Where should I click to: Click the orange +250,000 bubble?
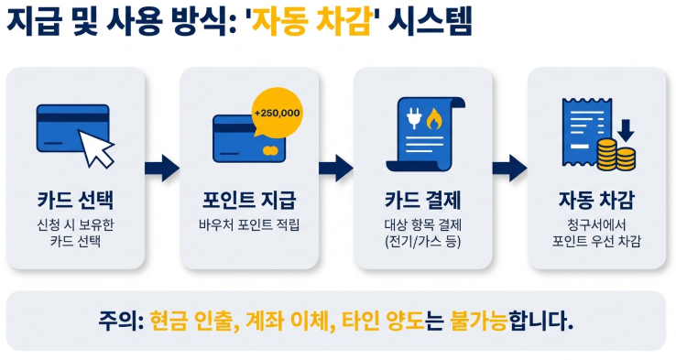pos(277,113)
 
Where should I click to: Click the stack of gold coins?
pos(616,154)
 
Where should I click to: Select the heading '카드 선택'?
pos(74,201)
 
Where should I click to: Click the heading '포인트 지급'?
pos(249,201)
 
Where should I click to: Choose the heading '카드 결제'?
pos(422,201)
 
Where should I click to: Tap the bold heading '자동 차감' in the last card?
pos(596,201)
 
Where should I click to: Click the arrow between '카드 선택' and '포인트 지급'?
pos(163,168)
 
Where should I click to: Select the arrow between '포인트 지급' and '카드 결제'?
pos(336,168)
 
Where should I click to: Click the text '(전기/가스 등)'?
pos(422,242)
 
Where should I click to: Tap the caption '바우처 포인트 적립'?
pos(249,225)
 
